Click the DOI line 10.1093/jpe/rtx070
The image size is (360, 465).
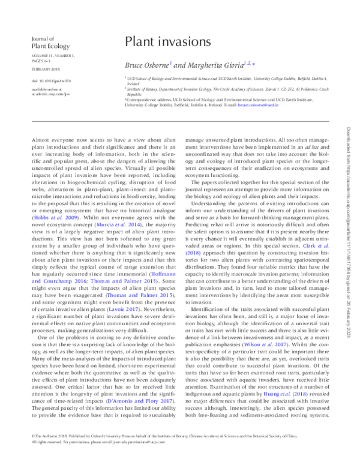[x=44, y=80]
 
